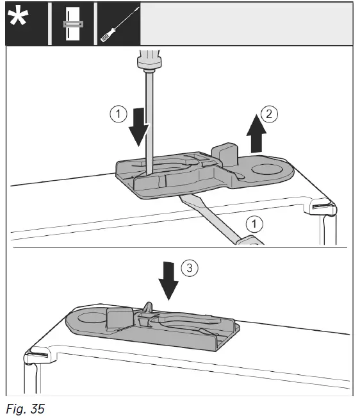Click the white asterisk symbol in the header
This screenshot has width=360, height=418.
pos(18,18)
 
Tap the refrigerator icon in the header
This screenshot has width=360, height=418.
pos(73,24)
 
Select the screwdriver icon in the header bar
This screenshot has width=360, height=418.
pos(120,25)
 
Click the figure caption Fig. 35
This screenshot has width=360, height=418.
pos(25,408)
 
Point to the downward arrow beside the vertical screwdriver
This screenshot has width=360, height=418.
pos(139,127)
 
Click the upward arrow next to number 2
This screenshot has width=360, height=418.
pos(256,134)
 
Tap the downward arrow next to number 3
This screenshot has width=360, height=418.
pos(168,281)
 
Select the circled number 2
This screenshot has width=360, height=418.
pos(269,114)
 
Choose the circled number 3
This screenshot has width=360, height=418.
pos(190,267)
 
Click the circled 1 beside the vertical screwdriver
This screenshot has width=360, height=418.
pos(119,114)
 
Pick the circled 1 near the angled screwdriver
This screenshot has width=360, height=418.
pos(254,224)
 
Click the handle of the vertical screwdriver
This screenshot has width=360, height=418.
pos(149,61)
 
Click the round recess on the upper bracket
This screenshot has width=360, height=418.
pos(267,170)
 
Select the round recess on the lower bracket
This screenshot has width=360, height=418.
pos(92,317)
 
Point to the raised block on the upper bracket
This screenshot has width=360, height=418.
pos(224,155)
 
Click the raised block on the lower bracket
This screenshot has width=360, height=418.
pos(119,319)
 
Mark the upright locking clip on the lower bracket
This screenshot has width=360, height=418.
pos(148,310)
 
